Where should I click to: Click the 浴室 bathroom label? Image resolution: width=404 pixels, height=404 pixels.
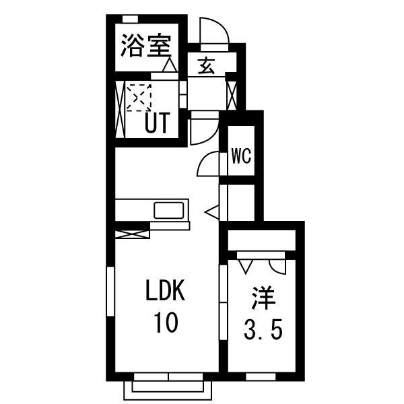click(145, 47)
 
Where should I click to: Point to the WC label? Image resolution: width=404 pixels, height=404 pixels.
click(241, 156)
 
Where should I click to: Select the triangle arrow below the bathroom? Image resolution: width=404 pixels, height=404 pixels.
click(169, 65)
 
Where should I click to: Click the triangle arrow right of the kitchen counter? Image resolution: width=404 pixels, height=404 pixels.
click(211, 212)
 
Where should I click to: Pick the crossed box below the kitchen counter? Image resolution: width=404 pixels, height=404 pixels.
click(131, 234)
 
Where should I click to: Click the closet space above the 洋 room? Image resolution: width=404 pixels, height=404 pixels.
click(262, 240)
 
